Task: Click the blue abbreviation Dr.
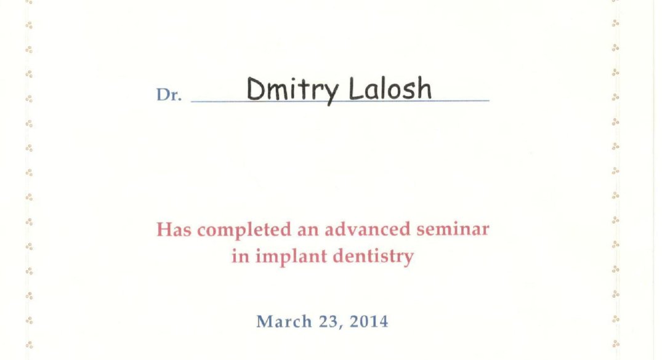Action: pyautogui.click(x=169, y=95)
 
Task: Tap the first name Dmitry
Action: pyautogui.click(x=293, y=90)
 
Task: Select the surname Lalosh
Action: pyautogui.click(x=390, y=89)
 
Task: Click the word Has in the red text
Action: pyautogui.click(x=174, y=230)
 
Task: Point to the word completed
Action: pyautogui.click(x=244, y=230)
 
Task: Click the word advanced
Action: pyautogui.click(x=367, y=229)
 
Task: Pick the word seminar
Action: pyautogui.click(x=453, y=229)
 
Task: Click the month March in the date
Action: pyautogui.click(x=284, y=322)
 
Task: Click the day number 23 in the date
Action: pyautogui.click(x=328, y=322)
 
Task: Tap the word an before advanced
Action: pyautogui.click(x=308, y=230)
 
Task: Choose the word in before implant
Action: pyautogui.click(x=240, y=256)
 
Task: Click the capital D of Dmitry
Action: pyautogui.click(x=256, y=89)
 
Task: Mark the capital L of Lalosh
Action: pyautogui.click(x=356, y=89)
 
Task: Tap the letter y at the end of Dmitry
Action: pyautogui.click(x=331, y=93)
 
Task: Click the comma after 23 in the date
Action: pyautogui.click(x=341, y=327)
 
